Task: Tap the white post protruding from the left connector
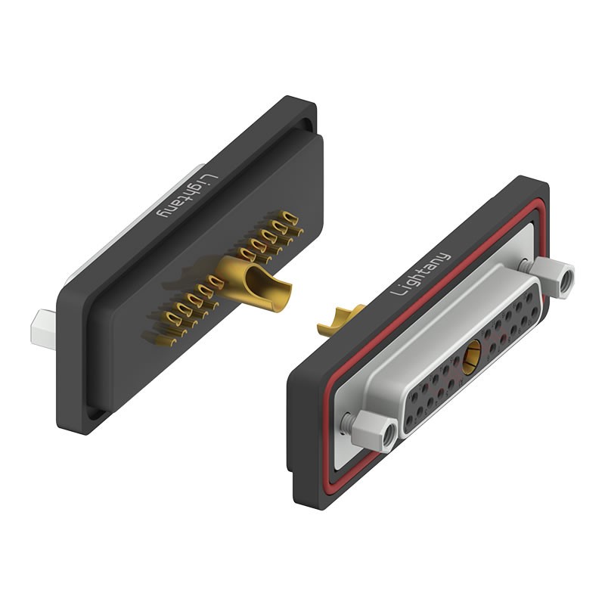point(44,325)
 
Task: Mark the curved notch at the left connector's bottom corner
point(92,413)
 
